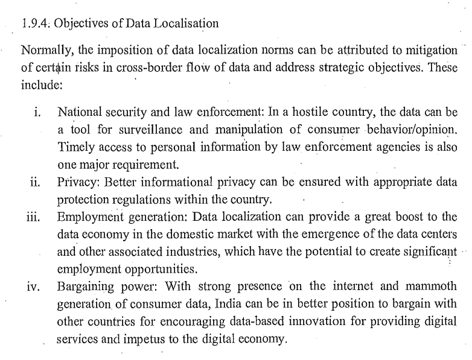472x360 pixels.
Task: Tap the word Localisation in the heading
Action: click(185, 24)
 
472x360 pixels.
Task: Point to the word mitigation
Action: click(426, 54)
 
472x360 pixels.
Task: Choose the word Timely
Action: click(74, 147)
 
